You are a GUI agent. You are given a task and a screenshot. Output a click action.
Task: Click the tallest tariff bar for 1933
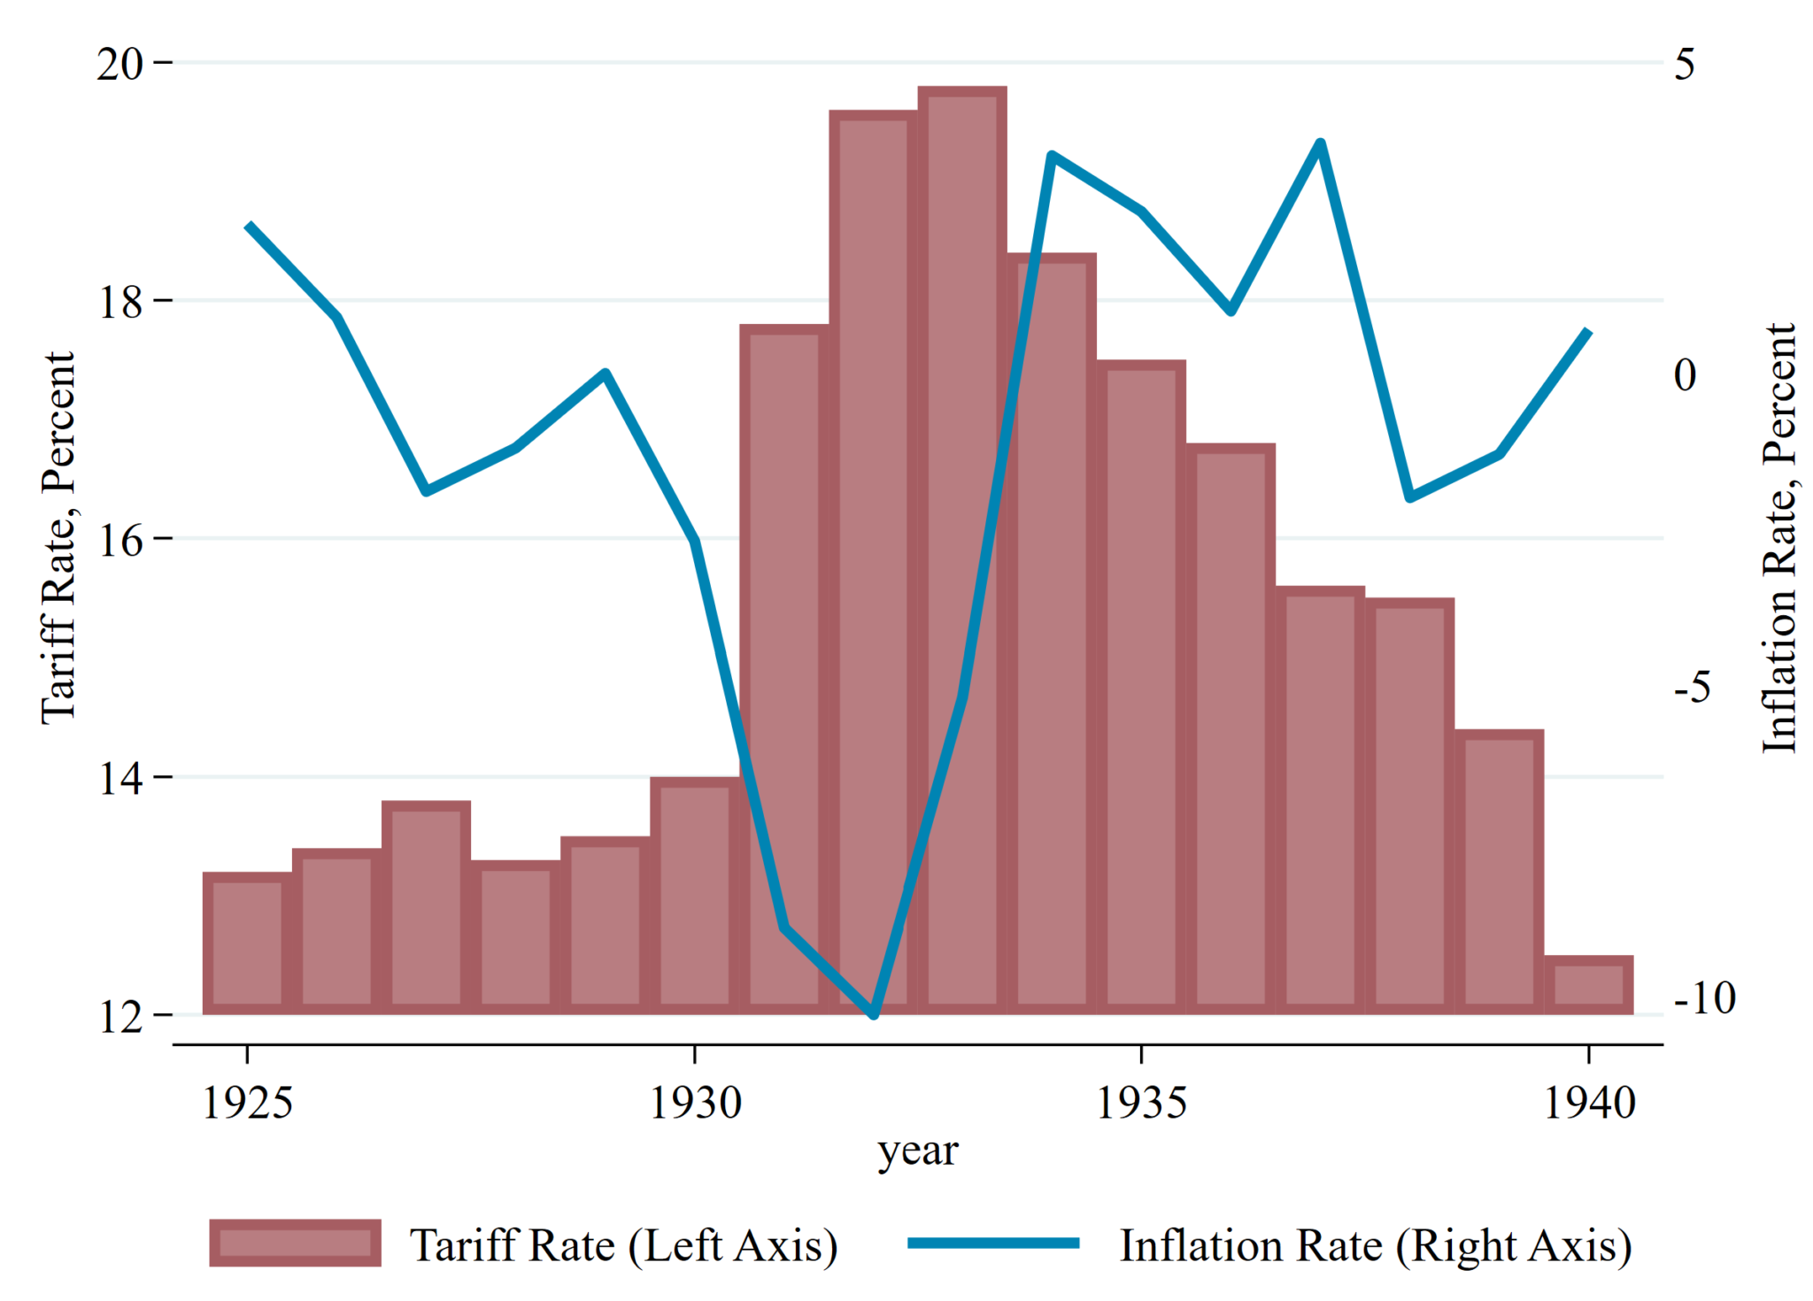[962, 549]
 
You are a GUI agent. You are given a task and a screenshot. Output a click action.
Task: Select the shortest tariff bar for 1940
[1589, 985]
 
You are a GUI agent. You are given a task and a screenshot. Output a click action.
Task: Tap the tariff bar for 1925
[248, 943]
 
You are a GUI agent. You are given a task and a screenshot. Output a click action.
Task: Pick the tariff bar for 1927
[427, 908]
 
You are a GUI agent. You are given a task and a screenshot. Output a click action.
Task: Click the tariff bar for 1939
[1500, 873]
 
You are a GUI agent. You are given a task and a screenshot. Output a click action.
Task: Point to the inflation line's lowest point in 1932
[874, 1014]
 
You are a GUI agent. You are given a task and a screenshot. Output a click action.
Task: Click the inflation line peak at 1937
[1320, 143]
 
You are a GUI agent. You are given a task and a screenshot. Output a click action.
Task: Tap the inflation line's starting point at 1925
[249, 225]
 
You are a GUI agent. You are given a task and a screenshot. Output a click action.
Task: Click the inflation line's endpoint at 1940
[1588, 332]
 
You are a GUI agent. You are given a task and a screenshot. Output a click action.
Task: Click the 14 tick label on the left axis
[119, 779]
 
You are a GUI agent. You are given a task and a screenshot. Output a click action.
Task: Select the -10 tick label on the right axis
[1704, 998]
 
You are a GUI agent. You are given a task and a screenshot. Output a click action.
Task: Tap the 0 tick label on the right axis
[1685, 374]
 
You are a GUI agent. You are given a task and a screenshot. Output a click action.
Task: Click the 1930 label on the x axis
[696, 1103]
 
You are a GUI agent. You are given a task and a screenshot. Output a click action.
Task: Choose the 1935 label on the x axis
[1142, 1103]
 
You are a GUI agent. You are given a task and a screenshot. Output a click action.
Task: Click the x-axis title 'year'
[918, 1151]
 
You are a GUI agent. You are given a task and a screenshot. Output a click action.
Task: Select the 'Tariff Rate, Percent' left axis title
[58, 538]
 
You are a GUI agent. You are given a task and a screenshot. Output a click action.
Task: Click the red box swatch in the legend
[295, 1243]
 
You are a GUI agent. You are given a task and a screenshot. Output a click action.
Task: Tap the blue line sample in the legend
[993, 1243]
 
